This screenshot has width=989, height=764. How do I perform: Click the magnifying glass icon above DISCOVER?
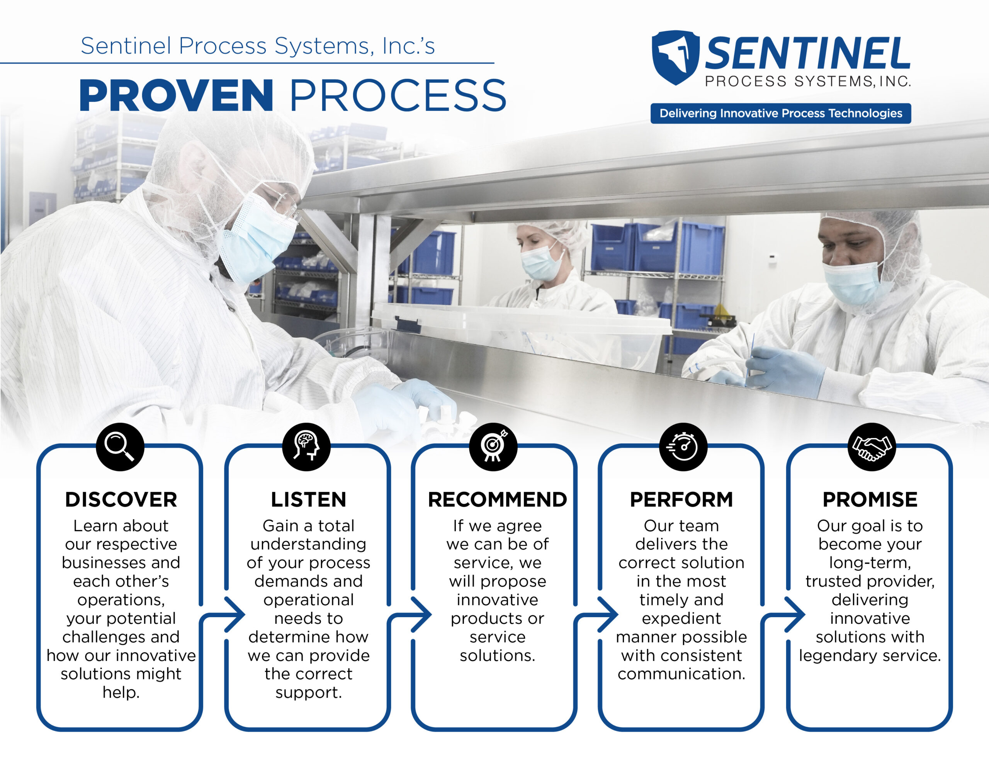[120, 447]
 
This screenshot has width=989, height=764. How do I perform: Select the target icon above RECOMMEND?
[493, 447]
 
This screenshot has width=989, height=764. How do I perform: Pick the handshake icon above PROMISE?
[872, 447]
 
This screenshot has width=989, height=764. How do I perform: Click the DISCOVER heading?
[121, 499]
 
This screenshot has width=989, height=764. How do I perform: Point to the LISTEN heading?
[308, 499]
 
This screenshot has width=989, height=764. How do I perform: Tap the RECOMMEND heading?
[497, 499]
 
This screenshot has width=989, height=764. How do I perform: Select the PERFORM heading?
[681, 499]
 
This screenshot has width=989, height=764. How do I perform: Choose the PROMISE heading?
[870, 499]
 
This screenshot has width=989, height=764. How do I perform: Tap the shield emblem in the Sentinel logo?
[675, 57]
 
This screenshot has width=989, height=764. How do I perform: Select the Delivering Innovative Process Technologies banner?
[781, 113]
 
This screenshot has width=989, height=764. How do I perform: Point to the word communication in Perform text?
[681, 674]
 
